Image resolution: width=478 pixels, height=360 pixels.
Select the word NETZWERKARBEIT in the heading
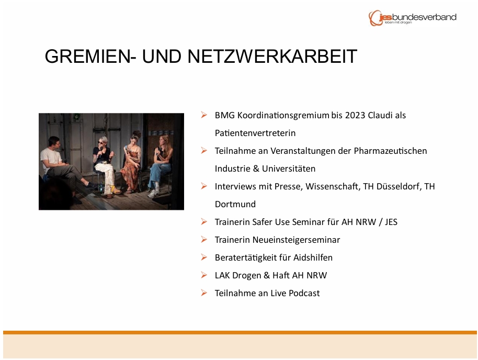pos(272,56)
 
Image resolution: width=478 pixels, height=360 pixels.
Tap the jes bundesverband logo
pos(412,18)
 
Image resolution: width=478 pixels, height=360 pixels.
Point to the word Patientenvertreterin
pos(255,133)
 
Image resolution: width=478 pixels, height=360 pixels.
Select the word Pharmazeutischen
pos(390,151)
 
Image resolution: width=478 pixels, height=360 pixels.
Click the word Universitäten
pos(289,168)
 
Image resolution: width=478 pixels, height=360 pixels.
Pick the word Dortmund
pos(235,204)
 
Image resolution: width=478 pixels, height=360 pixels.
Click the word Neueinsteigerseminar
pos(297,240)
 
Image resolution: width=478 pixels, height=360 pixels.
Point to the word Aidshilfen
pos(313,257)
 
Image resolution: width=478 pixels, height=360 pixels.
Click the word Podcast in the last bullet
pos(304,293)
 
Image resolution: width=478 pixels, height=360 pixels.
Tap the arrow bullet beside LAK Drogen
pos(204,275)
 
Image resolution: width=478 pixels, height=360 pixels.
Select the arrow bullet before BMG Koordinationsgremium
pos(204,115)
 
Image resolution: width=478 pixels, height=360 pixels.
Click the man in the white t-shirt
pos(61,166)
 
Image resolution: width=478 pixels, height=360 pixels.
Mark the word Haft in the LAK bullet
pos(281,275)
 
